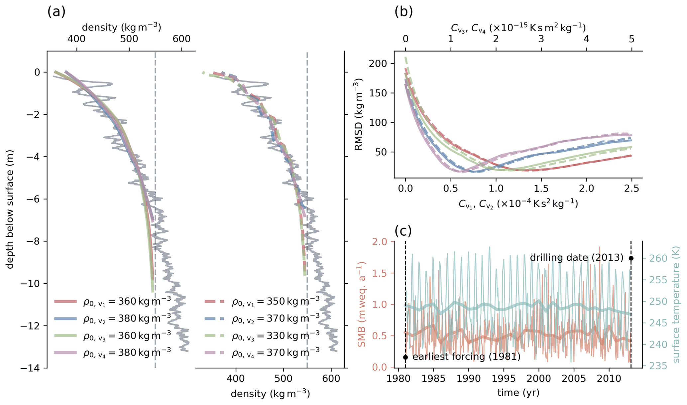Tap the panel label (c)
tap(403, 231)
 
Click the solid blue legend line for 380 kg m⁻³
tap(65, 318)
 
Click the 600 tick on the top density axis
tap(181, 39)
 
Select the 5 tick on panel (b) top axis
tap(631, 39)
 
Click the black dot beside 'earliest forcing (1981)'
tap(405, 357)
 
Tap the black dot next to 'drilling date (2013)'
tap(631, 258)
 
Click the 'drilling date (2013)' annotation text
tap(576, 258)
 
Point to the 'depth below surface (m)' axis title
tap(10, 209)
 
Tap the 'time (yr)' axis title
tap(518, 393)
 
